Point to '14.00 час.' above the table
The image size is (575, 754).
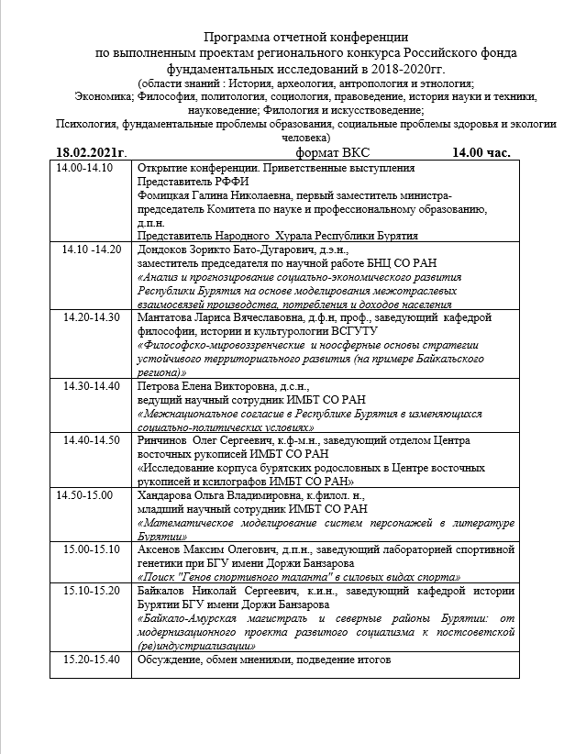coord(481,152)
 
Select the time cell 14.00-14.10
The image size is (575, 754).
coord(84,169)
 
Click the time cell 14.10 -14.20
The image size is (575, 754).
coord(92,249)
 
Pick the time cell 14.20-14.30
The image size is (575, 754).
coord(92,316)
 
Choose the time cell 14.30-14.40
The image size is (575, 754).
coord(92,385)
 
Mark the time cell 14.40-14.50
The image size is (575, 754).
coord(92,440)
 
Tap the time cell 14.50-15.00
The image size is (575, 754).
coord(84,495)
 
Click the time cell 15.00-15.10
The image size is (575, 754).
coord(92,549)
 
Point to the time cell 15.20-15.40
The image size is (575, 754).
coord(92,660)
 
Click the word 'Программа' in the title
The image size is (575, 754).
coord(242,38)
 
